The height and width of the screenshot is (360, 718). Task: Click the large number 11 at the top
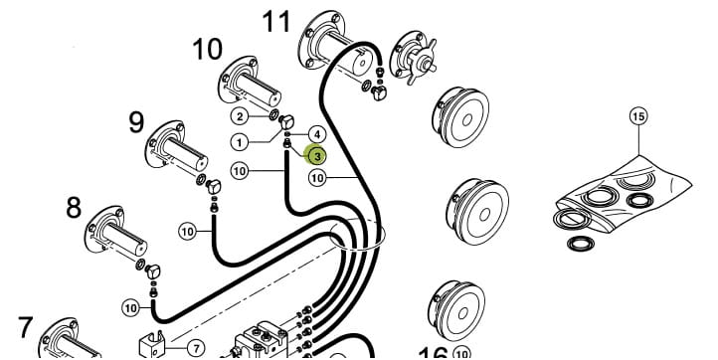pyautogui.click(x=276, y=22)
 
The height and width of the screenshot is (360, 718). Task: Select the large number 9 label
pyautogui.click(x=136, y=122)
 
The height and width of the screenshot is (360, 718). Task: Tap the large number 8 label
pyautogui.click(x=74, y=208)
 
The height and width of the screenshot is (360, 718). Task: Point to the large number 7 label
pyautogui.click(x=25, y=327)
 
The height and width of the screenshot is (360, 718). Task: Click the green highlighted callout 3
pyautogui.click(x=317, y=155)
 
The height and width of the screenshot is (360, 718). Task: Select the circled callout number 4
pyautogui.click(x=317, y=134)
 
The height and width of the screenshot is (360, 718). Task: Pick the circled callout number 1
pyautogui.click(x=240, y=142)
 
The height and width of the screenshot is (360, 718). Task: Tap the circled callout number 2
pyautogui.click(x=240, y=116)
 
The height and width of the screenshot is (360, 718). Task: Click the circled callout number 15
pyautogui.click(x=638, y=116)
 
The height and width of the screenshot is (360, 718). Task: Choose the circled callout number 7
pyautogui.click(x=196, y=348)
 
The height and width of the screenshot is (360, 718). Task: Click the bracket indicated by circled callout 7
pyautogui.click(x=152, y=344)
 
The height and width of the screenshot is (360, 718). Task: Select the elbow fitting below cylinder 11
pyautogui.click(x=379, y=92)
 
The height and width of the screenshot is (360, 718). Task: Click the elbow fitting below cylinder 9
pyautogui.click(x=214, y=186)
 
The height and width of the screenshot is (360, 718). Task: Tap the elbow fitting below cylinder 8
pyautogui.click(x=153, y=271)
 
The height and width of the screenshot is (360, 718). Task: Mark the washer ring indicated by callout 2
pyautogui.click(x=273, y=114)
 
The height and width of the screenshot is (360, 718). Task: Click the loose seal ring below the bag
pyautogui.click(x=580, y=244)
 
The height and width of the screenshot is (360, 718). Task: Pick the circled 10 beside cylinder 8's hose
pyautogui.click(x=131, y=307)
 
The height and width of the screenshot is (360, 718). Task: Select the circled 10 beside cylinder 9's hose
pyautogui.click(x=187, y=232)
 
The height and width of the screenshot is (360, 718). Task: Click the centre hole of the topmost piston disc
pyautogui.click(x=467, y=120)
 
